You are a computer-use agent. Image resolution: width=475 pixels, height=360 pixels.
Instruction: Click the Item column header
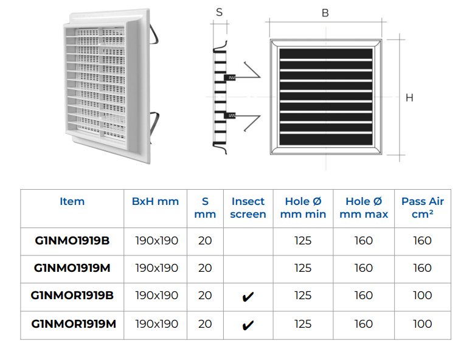tap(72, 201)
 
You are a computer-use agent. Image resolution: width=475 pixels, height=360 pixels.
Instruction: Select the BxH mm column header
tap(156, 201)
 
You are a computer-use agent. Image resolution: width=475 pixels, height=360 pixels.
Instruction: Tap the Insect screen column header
tap(248, 208)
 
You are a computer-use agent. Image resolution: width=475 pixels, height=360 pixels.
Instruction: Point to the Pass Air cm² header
tap(423, 208)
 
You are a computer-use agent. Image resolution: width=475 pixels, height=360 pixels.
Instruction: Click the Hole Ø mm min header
tap(303, 208)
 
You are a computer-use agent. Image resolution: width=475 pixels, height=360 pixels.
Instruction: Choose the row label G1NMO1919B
tap(72, 241)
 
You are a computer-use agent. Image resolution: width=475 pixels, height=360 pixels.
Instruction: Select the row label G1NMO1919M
tap(72, 268)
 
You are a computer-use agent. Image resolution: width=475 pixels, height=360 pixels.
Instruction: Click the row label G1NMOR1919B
tap(72, 295)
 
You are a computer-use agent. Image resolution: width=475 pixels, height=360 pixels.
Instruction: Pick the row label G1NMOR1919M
tap(74, 324)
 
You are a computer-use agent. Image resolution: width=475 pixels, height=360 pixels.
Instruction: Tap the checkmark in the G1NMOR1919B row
tap(248, 297)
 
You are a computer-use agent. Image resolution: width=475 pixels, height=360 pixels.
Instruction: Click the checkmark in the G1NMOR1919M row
tap(248, 325)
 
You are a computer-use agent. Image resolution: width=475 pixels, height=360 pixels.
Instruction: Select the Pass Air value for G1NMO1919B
tap(423, 241)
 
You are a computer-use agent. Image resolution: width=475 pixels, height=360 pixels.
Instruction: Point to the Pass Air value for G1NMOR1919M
tap(423, 324)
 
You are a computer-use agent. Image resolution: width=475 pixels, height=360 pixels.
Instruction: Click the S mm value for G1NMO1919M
tap(205, 268)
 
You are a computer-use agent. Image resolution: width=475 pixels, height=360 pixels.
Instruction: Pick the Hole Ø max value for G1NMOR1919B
tap(364, 295)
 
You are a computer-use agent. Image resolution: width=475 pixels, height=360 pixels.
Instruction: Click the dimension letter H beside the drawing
tap(409, 97)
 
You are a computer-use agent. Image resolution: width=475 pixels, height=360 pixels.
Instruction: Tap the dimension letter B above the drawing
tap(325, 13)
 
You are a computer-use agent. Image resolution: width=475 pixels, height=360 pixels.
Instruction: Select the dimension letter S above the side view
tap(220, 12)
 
